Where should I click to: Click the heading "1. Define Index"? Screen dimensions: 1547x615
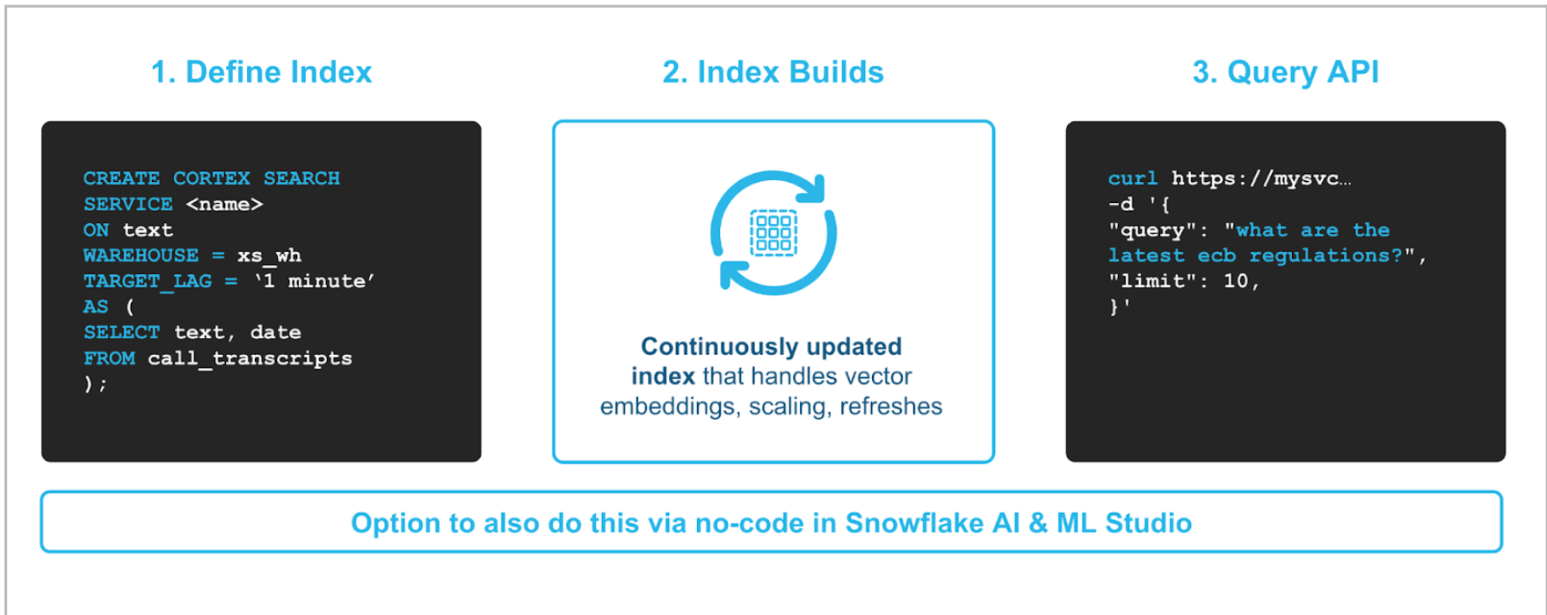coord(261,72)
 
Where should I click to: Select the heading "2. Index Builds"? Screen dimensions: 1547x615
coord(773,72)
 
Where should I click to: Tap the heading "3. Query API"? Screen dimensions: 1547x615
coord(1285,72)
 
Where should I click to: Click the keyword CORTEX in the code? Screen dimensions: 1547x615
coord(212,178)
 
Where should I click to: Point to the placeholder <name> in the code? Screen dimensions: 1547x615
coord(224,204)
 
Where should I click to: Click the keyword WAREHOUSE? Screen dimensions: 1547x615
coord(141,255)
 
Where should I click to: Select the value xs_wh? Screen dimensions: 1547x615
coord(269,256)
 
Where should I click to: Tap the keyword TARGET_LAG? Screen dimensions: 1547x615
coord(148,281)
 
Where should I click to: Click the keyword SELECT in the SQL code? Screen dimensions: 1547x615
coord(121,332)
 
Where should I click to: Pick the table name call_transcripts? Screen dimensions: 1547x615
coord(250,358)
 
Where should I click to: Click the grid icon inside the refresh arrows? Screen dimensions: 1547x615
coord(773,233)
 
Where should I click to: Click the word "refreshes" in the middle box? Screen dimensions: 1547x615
coord(890,407)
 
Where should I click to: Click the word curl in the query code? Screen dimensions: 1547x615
coord(1132,178)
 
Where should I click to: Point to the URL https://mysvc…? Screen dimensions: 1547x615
coord(1261,179)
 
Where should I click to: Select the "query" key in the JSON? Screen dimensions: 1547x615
coord(1146,230)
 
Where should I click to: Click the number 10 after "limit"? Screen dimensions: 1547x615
coord(1236,281)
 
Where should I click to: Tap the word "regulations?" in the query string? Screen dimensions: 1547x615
coord(1325,256)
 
